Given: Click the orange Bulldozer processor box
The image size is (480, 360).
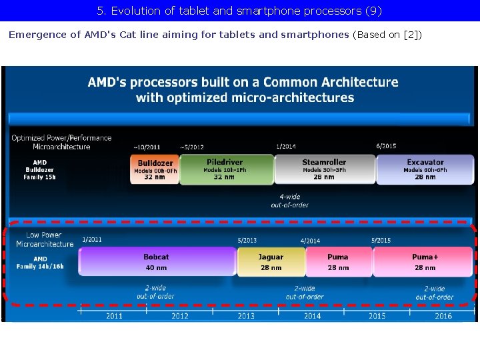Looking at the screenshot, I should (x=155, y=170).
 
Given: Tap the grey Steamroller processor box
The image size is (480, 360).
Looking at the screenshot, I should (x=324, y=170).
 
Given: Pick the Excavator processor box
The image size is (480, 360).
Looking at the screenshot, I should (x=425, y=170).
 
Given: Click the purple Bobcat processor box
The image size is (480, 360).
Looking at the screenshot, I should (x=157, y=261).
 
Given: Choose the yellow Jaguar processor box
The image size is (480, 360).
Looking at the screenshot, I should (x=271, y=261).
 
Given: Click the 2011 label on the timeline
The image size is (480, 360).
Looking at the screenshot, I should (x=114, y=316).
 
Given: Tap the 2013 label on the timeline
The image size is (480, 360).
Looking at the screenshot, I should (x=245, y=316).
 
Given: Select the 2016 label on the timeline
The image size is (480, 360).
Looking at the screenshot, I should (x=443, y=316).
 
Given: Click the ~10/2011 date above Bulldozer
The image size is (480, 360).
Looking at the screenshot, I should (x=147, y=147).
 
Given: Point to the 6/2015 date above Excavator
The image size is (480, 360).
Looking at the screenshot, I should (x=386, y=146).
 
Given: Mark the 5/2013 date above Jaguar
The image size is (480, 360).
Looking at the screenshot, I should (x=247, y=240).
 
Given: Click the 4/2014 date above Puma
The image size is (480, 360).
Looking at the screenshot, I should (x=310, y=241).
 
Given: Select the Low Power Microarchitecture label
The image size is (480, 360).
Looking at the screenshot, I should (x=45, y=239).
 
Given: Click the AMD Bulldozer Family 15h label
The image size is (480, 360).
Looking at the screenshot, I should (x=40, y=170).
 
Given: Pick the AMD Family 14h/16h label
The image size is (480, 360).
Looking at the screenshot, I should (x=40, y=262).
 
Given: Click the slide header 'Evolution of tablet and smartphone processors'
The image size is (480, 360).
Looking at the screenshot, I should (x=239, y=11).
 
